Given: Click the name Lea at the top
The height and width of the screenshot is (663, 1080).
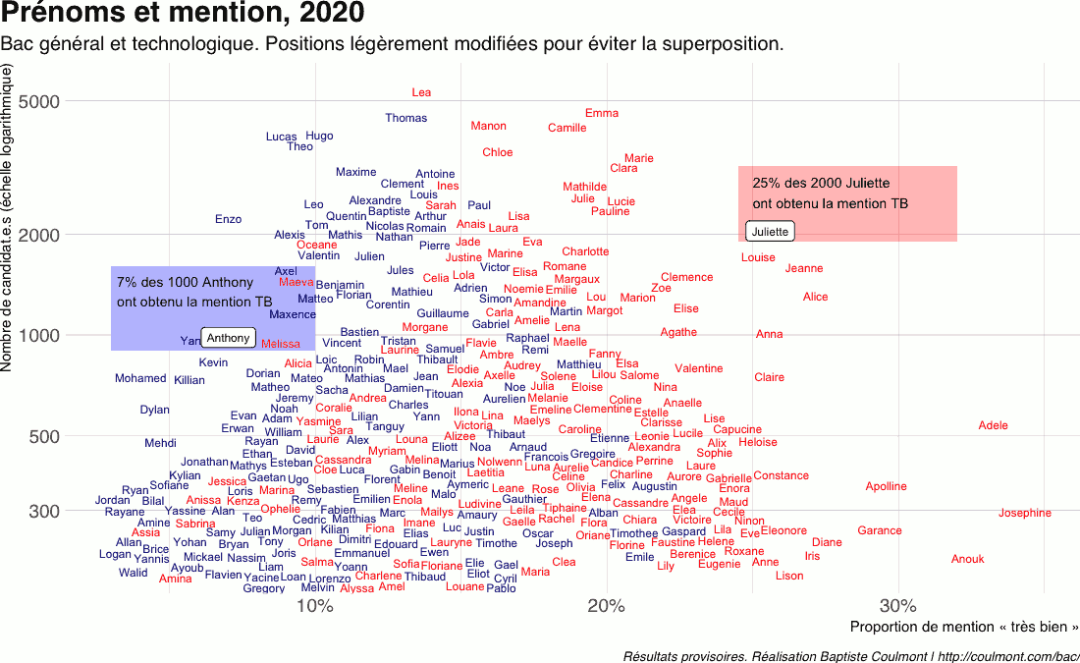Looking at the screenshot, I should coord(421,92).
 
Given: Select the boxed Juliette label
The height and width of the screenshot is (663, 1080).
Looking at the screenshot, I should coord(770,232).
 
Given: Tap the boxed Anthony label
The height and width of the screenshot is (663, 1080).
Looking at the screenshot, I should coord(228,338).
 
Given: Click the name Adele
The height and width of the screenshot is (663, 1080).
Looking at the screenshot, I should coord(993,425).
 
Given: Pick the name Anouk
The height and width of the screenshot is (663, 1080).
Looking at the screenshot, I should coord(967,559).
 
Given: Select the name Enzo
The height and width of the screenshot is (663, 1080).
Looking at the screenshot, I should coord(228,219).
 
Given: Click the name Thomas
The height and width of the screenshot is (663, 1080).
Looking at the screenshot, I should coord(405,118).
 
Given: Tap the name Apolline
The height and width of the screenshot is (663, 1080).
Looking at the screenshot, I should coord(886,486).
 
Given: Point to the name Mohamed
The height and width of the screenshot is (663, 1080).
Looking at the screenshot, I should coord(140,378).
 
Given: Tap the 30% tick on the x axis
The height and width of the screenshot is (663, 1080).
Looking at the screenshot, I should coord(897,605).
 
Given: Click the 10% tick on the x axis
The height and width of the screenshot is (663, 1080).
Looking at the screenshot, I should coord(314,605).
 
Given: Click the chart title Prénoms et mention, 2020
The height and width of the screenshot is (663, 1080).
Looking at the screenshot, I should coord(184,15).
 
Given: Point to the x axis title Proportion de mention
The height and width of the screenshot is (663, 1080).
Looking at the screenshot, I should coord(963,627).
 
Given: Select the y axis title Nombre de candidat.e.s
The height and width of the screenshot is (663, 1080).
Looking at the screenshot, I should coord(8,218).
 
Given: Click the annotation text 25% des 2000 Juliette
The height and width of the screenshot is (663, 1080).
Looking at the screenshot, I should coord(821,183).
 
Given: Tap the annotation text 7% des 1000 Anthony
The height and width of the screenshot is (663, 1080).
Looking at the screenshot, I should coord(185,283).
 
